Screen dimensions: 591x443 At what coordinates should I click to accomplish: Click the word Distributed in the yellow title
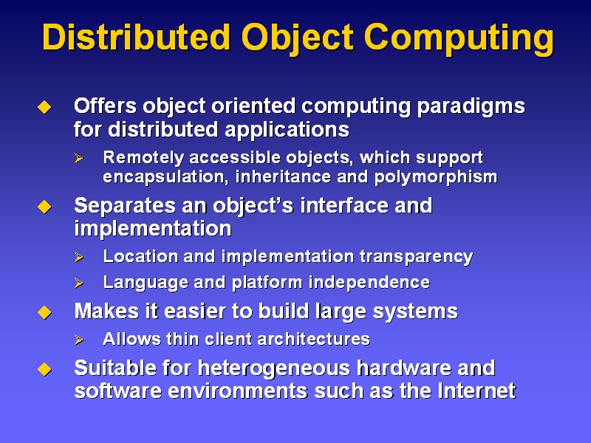(x=136, y=38)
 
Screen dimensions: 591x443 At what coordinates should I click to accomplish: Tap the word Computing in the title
(x=459, y=39)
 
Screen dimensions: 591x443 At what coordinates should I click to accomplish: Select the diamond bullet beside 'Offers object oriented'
(x=44, y=107)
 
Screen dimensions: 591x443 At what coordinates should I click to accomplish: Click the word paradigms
(x=471, y=107)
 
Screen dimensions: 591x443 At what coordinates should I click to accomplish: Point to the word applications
(x=287, y=131)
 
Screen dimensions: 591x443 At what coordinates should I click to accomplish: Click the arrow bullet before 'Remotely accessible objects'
(x=79, y=158)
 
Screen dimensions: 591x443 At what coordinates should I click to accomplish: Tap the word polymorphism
(x=436, y=177)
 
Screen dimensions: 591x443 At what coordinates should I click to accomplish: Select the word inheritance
(x=283, y=176)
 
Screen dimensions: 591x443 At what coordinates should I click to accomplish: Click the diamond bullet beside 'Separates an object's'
(x=44, y=207)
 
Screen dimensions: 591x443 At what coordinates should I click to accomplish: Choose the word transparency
(x=416, y=257)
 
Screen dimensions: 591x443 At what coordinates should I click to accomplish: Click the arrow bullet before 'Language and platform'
(x=79, y=283)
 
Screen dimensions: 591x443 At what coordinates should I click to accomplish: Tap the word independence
(x=369, y=283)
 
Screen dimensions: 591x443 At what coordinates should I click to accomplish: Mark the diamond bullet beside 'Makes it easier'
(x=44, y=312)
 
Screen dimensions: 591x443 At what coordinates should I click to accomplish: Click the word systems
(x=415, y=312)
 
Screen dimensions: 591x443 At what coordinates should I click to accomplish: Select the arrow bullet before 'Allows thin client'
(x=79, y=340)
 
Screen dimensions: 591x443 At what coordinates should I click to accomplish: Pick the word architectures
(x=313, y=339)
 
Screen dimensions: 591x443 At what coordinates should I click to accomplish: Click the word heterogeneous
(x=273, y=368)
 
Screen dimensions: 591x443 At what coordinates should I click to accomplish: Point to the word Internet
(x=476, y=391)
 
